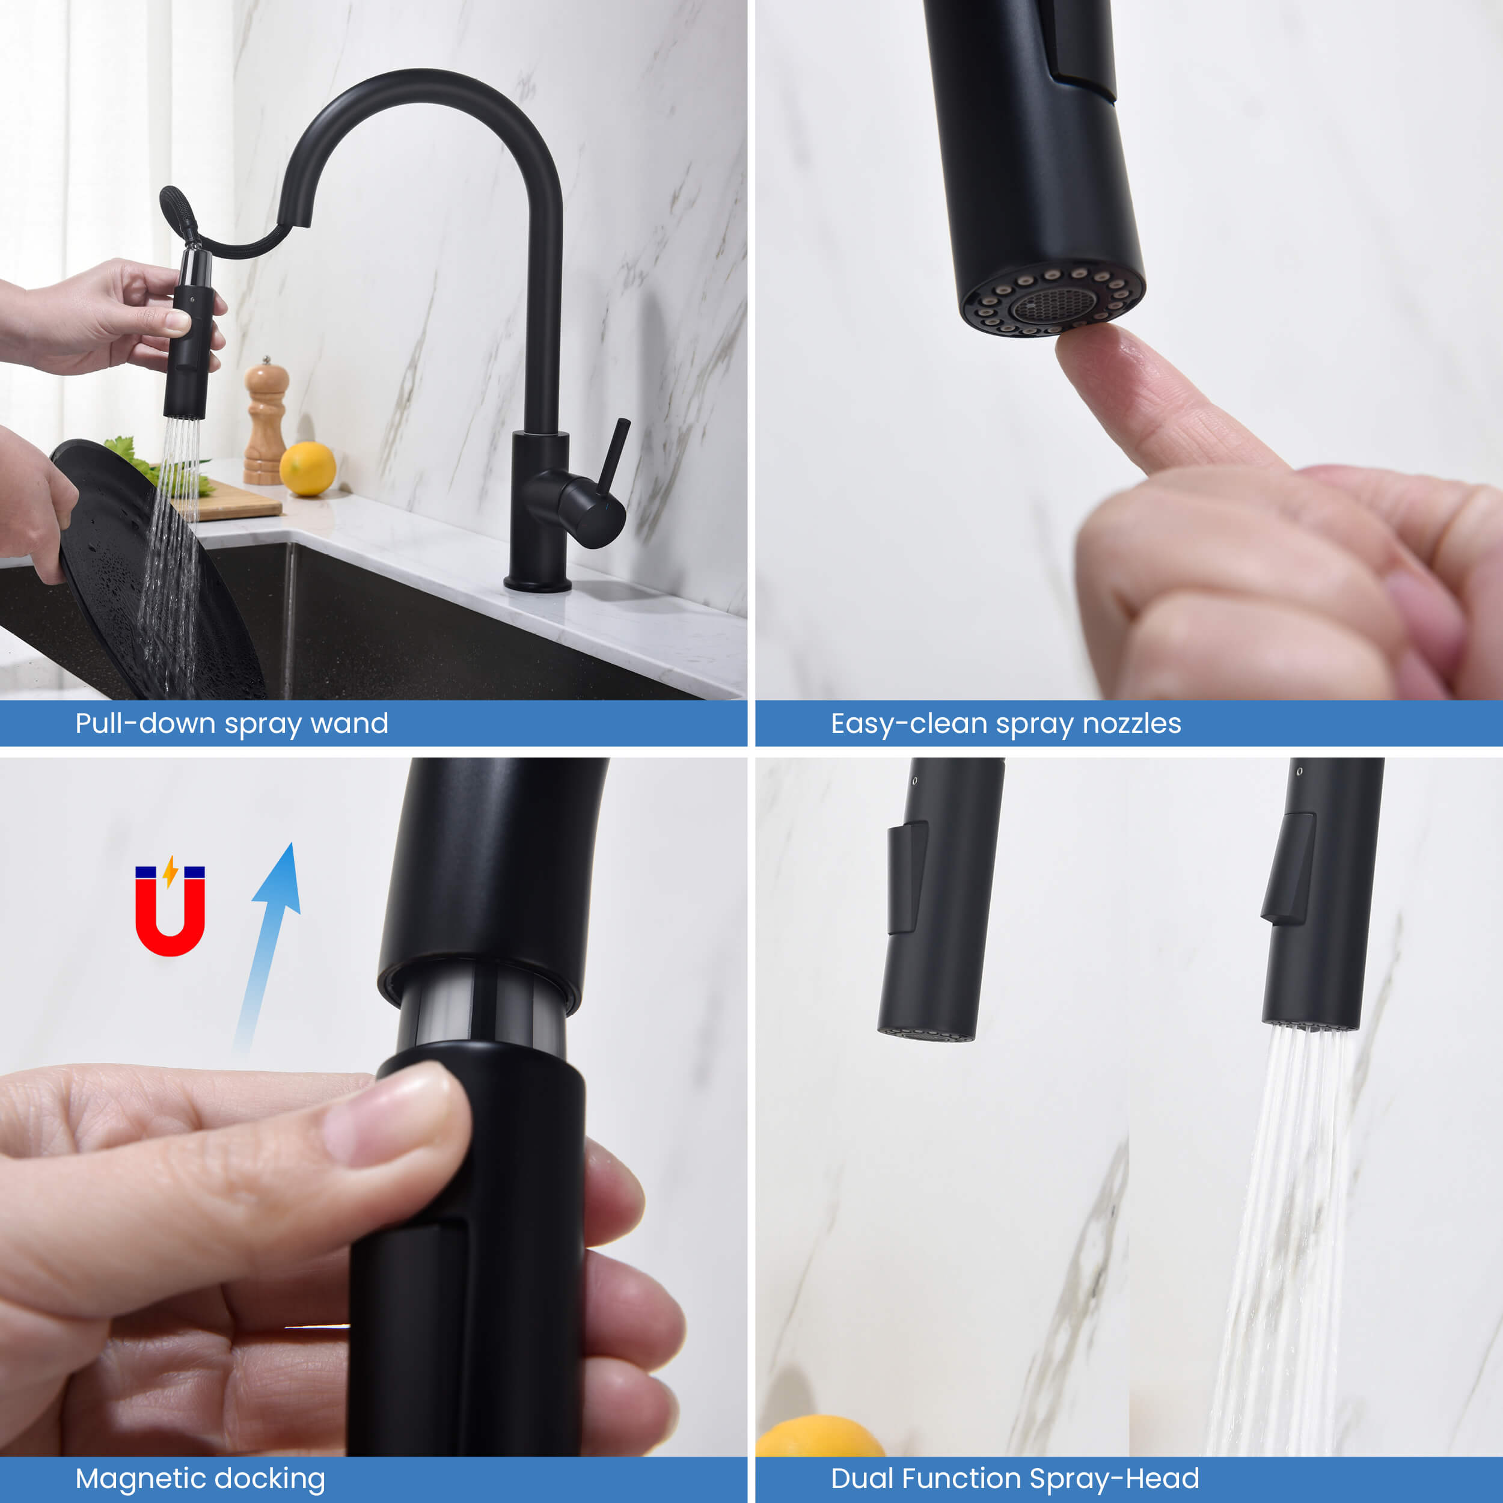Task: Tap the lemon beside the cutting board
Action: coord(307,468)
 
